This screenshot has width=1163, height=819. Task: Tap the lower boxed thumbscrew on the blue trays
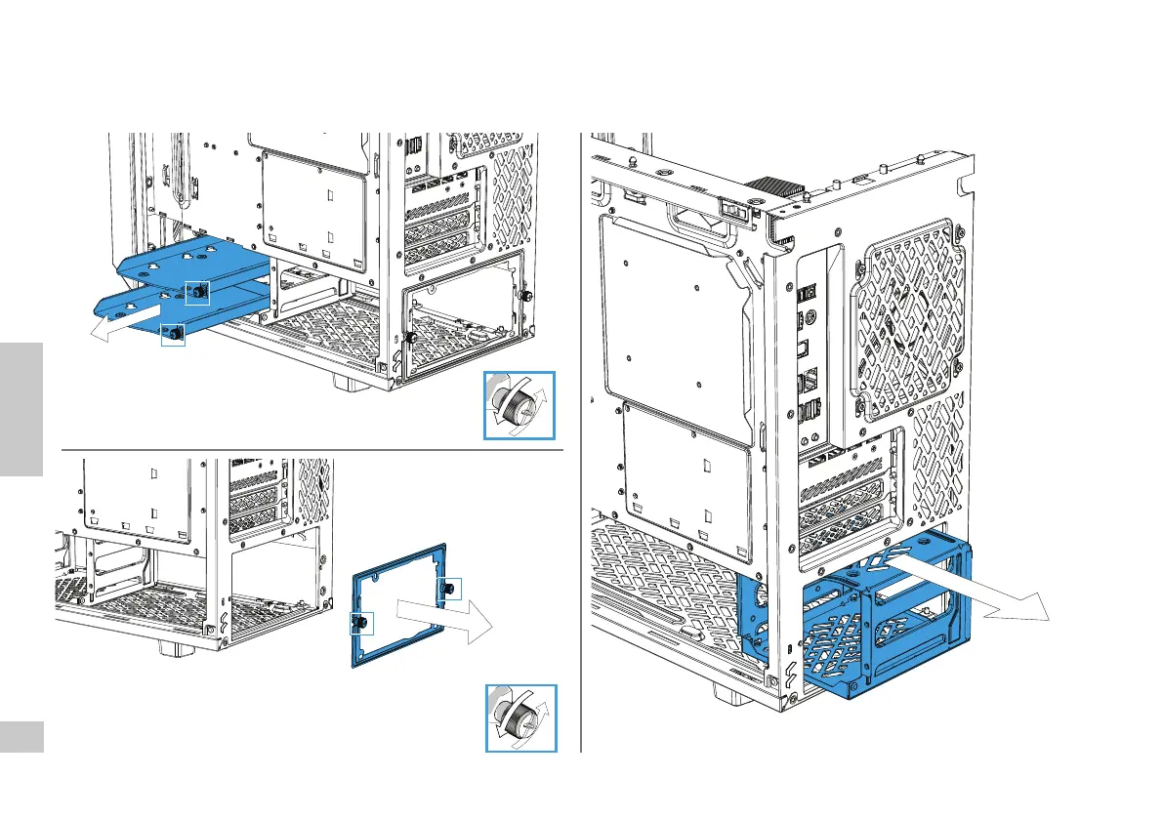[x=173, y=334]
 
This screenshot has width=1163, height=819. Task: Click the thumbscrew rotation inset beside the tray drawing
[x=519, y=405]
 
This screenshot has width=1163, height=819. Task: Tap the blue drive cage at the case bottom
[x=859, y=625]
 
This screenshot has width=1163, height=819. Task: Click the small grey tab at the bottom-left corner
[x=21, y=737]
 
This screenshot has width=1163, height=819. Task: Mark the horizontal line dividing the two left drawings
[x=312, y=451]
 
